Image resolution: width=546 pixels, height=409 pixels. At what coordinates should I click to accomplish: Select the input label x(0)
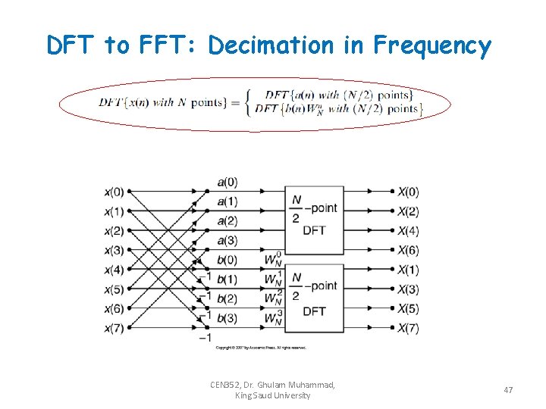[114, 192]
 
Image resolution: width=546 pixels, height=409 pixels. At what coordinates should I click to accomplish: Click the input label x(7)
[114, 328]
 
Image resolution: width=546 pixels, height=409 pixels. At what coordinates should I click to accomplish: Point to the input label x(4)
[114, 270]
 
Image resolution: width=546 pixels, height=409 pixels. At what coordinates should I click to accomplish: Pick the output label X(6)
[408, 251]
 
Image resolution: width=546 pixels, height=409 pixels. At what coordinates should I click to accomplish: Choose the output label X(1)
[408, 270]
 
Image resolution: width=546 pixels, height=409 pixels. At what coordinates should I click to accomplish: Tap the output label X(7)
[408, 328]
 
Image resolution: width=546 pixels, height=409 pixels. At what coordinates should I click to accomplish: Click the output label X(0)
[408, 192]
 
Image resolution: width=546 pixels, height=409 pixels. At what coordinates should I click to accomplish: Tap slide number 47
[508, 390]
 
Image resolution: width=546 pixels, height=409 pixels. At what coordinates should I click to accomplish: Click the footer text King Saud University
[272, 396]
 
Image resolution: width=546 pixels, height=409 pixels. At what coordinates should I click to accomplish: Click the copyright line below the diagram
[260, 348]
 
